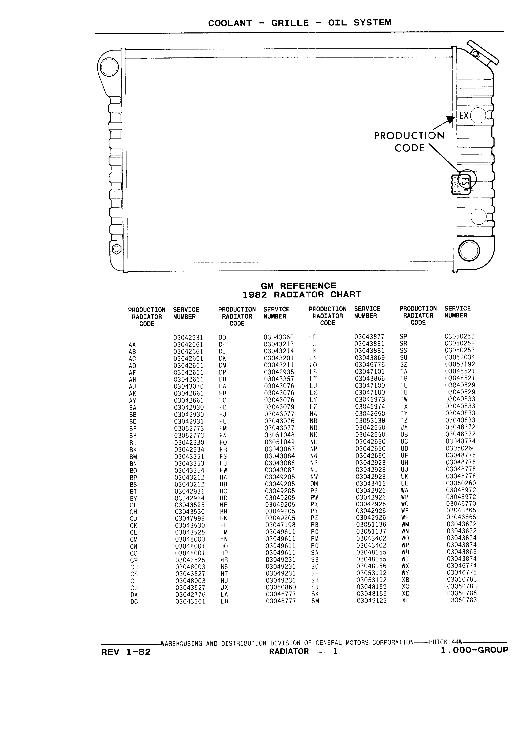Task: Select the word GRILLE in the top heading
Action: click(290, 23)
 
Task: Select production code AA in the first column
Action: click(132, 345)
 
